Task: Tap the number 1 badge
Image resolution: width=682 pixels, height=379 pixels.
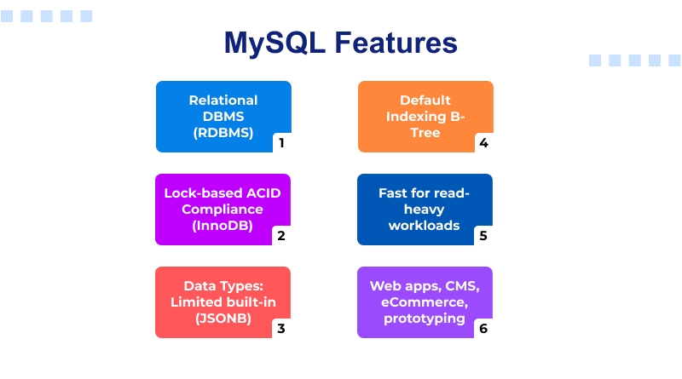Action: click(x=281, y=143)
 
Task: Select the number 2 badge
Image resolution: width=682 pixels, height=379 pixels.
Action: click(x=281, y=236)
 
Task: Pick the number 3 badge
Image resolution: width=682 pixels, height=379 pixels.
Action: click(x=281, y=329)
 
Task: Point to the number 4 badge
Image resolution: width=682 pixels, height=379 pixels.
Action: click(x=483, y=143)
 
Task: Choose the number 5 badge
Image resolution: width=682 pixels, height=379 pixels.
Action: click(x=483, y=236)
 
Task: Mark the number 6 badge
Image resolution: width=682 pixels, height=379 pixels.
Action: click(x=483, y=329)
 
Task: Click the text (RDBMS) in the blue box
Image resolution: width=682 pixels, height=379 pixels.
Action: click(x=223, y=132)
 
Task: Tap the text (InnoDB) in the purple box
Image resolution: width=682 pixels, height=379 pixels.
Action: click(x=223, y=225)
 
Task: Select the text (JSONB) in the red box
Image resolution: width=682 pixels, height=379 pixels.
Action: click(x=223, y=318)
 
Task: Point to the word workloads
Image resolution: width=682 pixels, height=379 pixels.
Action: click(x=425, y=225)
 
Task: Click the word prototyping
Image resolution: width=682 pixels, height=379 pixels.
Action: click(x=425, y=318)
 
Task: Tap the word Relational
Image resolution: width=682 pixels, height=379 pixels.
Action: click(x=223, y=100)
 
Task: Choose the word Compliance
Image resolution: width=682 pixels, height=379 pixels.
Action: click(x=223, y=209)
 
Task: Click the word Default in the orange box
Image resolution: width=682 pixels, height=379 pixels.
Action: click(x=425, y=100)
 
